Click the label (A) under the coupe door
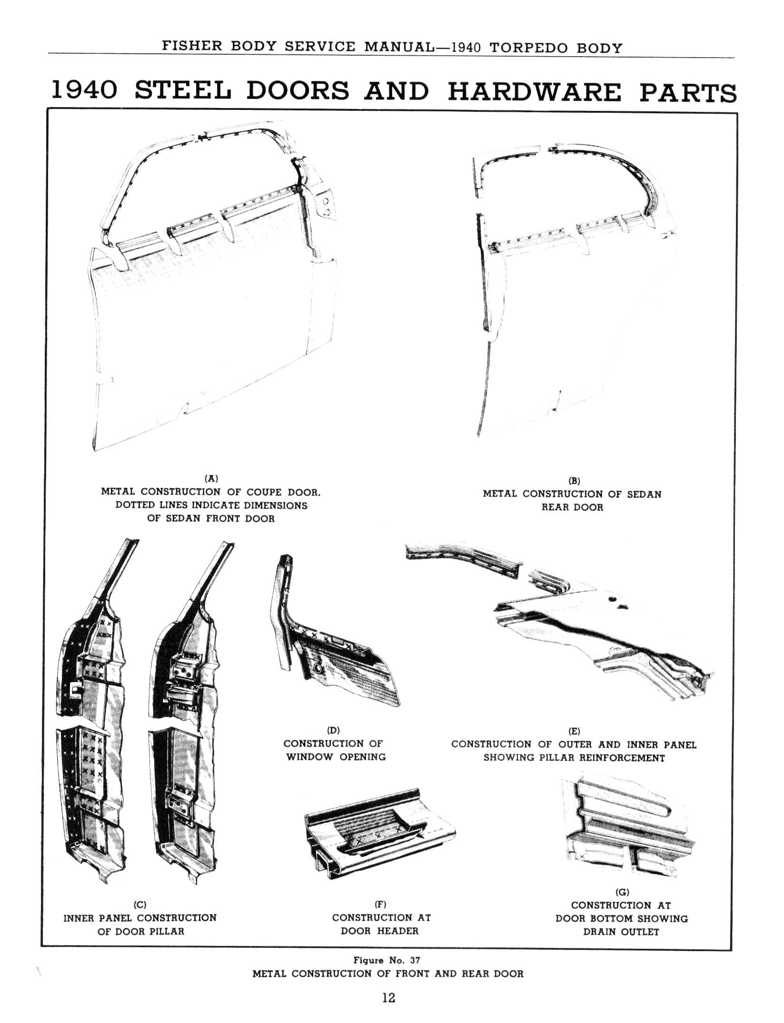(x=211, y=478)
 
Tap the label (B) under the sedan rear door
(x=575, y=481)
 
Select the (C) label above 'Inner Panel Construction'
(x=140, y=905)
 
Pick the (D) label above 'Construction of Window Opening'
(x=333, y=730)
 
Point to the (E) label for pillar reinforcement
(x=574, y=731)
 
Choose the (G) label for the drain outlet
(x=622, y=892)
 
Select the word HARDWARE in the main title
(x=535, y=92)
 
